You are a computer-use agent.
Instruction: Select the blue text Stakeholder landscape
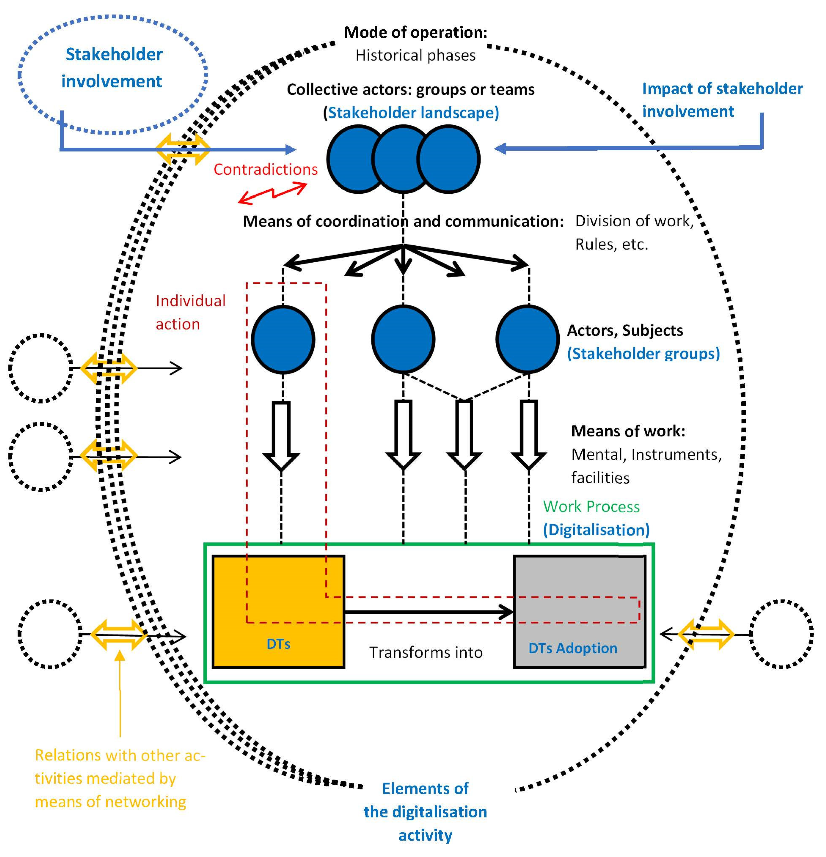tap(413, 113)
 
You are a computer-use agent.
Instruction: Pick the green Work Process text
tap(591, 506)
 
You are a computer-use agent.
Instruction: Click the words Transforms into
tap(426, 652)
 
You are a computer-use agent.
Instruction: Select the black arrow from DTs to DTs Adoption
tap(429, 612)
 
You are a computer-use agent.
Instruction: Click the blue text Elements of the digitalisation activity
tap(425, 812)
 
